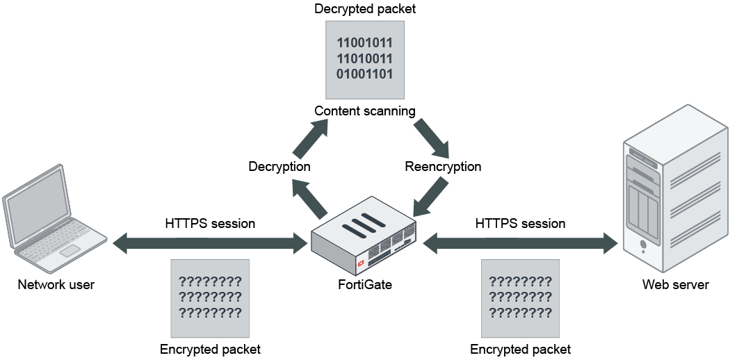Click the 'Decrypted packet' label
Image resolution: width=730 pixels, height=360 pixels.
pyautogui.click(x=364, y=9)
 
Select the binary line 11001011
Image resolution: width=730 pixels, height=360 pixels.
pyautogui.click(x=364, y=43)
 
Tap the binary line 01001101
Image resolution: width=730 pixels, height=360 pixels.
pyautogui.click(x=364, y=74)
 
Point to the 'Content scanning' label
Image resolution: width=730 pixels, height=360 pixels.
pyautogui.click(x=364, y=111)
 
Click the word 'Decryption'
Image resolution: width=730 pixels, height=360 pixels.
pyautogui.click(x=279, y=167)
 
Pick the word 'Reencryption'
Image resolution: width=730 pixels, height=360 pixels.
pyautogui.click(x=443, y=167)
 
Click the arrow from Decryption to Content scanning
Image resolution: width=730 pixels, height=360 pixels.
pyautogui.click(x=310, y=138)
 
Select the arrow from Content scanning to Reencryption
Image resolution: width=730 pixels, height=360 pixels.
pyautogui.click(x=432, y=139)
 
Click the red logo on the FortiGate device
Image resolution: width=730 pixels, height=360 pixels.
pyautogui.click(x=361, y=265)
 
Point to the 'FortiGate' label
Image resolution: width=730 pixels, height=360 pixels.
pyautogui.click(x=364, y=285)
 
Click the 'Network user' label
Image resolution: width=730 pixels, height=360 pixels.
pyautogui.click(x=56, y=285)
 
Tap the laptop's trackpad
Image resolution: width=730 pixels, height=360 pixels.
pyautogui.click(x=70, y=250)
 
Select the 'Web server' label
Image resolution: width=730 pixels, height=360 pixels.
pyautogui.click(x=675, y=285)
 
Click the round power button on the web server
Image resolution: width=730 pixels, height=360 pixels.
pyautogui.click(x=643, y=244)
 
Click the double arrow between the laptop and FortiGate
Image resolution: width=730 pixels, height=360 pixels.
pyautogui.click(x=210, y=243)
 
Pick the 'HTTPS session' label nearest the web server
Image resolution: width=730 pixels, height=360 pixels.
pyautogui.click(x=520, y=224)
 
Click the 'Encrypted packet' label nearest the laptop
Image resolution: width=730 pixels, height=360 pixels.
pyautogui.click(x=210, y=350)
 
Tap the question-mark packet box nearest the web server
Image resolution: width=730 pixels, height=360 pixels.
pyautogui.click(x=520, y=298)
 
